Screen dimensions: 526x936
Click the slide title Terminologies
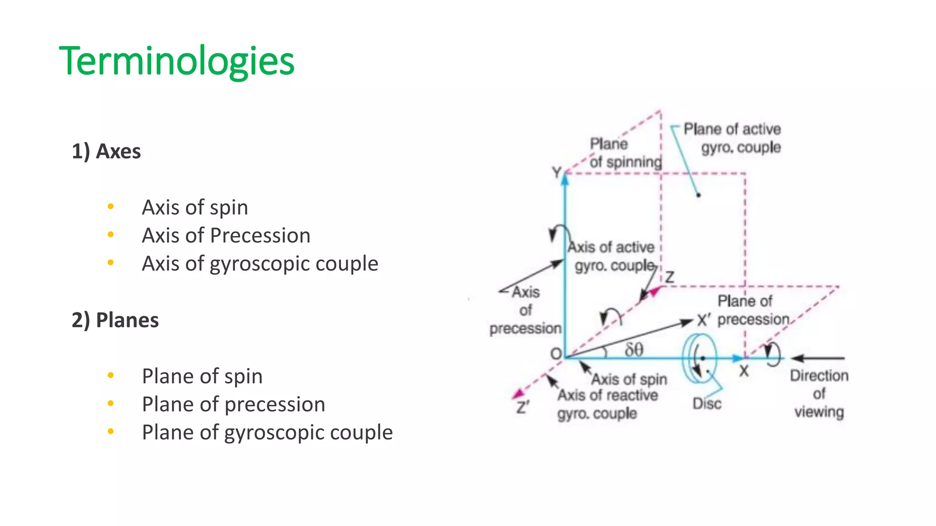click(x=176, y=61)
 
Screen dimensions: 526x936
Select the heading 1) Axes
click(x=106, y=151)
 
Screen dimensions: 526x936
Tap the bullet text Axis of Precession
click(x=226, y=236)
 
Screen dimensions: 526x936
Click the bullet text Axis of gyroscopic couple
click(x=260, y=263)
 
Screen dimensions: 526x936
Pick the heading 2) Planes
click(x=115, y=320)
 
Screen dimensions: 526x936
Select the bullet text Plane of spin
click(x=202, y=376)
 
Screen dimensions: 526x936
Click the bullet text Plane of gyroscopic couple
click(x=267, y=432)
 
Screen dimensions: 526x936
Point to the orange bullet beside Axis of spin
click(x=111, y=207)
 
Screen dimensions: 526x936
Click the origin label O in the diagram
click(x=556, y=354)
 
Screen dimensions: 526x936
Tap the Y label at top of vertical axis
click(x=556, y=173)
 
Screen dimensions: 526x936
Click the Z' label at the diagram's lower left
click(x=522, y=407)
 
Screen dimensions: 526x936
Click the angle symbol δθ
click(x=634, y=350)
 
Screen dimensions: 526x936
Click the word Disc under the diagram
click(x=707, y=404)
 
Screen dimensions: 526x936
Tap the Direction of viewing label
click(x=819, y=393)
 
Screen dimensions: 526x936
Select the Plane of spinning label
click(x=625, y=153)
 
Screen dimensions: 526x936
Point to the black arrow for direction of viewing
click(x=818, y=358)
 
